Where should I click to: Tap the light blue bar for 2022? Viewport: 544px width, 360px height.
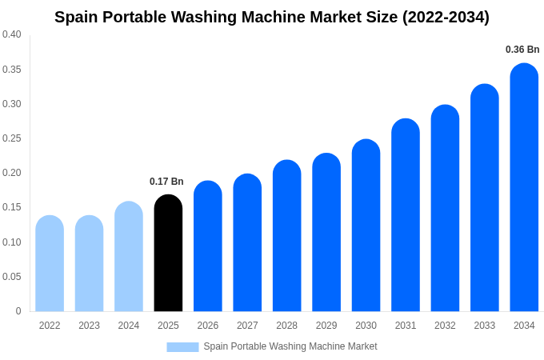click(x=50, y=263)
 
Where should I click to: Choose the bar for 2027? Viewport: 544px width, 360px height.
click(x=247, y=242)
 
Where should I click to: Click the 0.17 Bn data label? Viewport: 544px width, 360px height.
click(x=166, y=182)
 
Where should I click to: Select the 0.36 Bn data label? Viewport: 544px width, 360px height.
click(x=522, y=50)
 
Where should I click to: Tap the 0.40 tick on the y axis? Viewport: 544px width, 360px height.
click(x=12, y=34)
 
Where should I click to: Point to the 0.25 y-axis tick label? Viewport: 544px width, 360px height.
click(x=12, y=138)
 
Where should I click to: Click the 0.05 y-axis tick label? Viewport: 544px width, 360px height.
click(x=12, y=277)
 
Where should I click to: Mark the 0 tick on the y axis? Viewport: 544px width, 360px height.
click(x=18, y=311)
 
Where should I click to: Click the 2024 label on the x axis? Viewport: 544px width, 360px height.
click(x=129, y=326)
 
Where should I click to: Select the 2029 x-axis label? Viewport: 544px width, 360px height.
click(x=326, y=326)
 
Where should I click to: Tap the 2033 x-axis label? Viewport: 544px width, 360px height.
click(x=485, y=326)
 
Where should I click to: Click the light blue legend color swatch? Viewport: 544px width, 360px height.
click(x=182, y=346)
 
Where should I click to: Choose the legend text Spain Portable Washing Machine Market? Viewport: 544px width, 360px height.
click(x=290, y=346)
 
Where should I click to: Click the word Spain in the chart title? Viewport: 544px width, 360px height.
click(x=78, y=17)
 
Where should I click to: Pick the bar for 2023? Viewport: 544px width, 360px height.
click(x=89, y=263)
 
